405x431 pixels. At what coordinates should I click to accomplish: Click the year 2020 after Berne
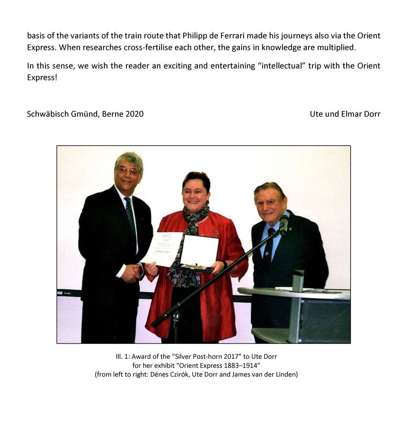tap(134, 114)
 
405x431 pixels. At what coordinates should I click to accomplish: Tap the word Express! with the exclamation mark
tap(42, 77)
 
